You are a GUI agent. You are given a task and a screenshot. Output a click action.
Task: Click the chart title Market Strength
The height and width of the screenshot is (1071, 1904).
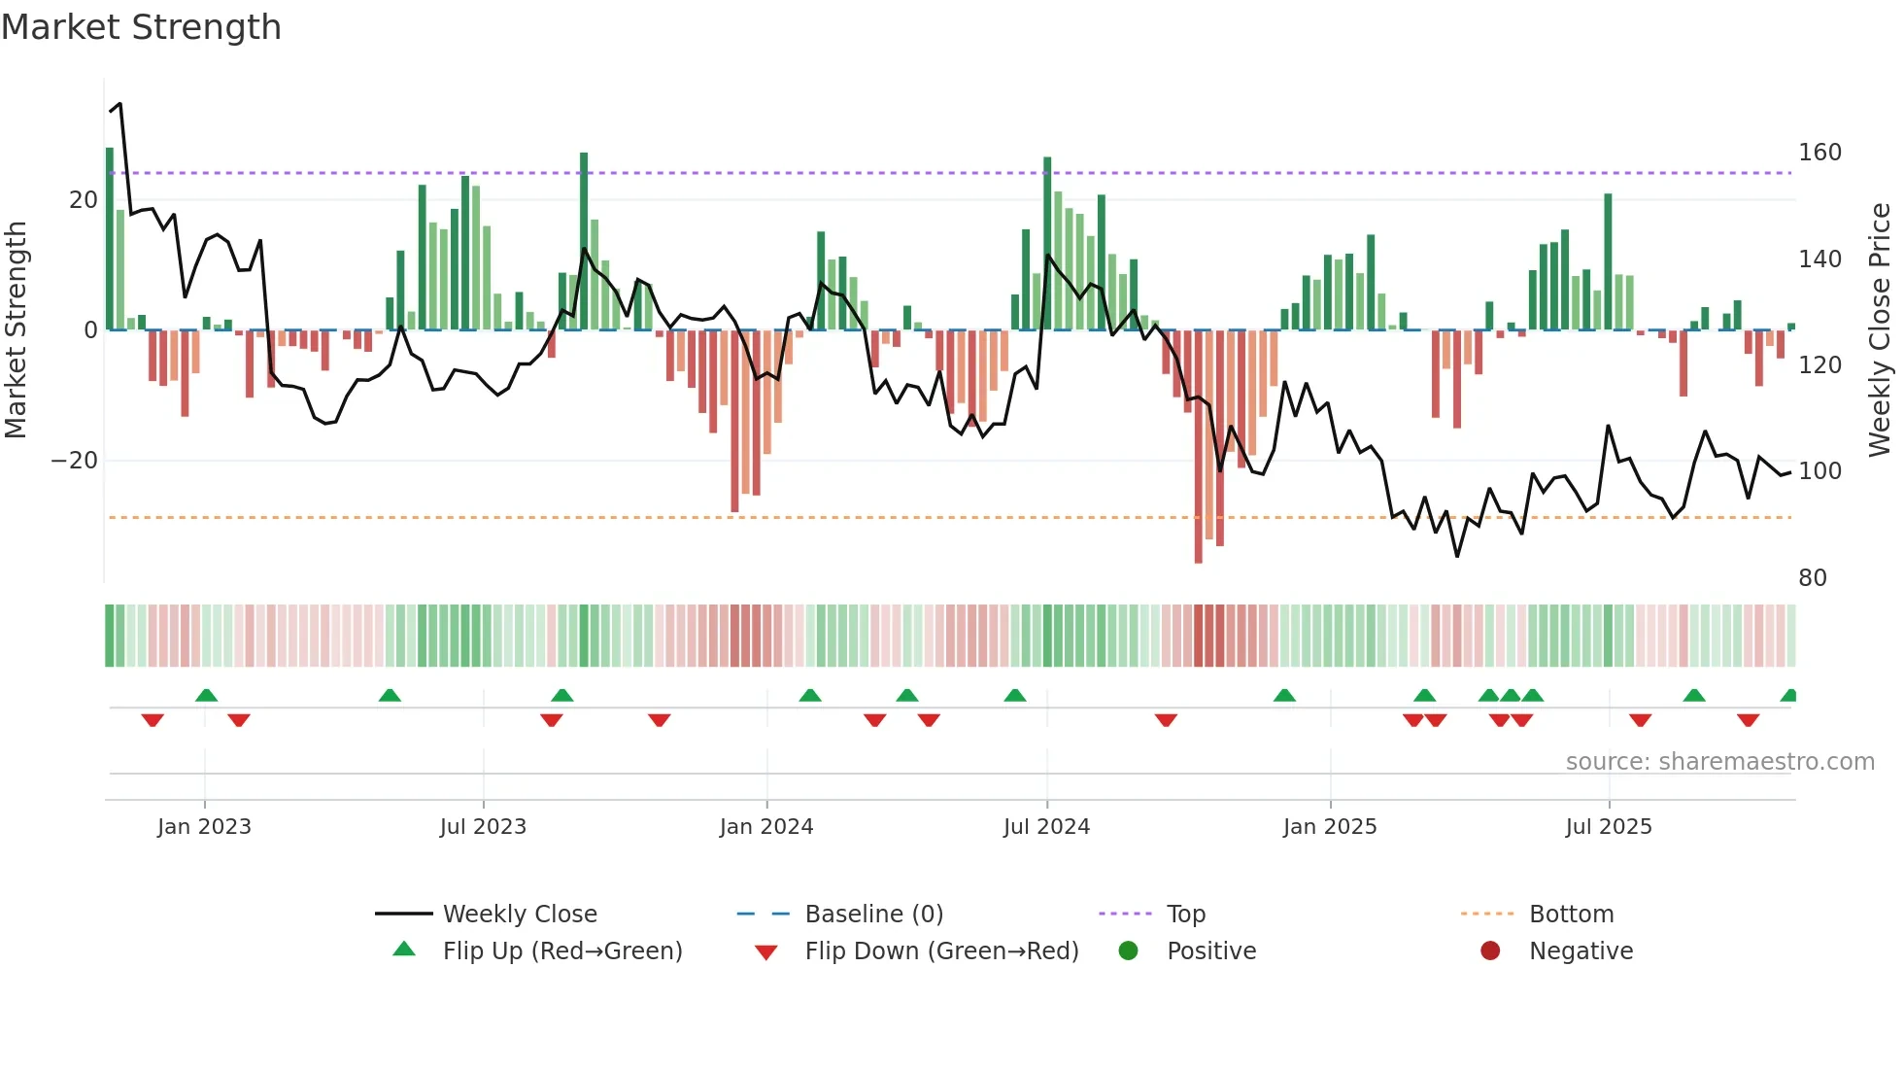[x=141, y=27]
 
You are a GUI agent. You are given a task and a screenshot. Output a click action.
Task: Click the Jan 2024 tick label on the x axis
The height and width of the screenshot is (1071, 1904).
[x=765, y=827]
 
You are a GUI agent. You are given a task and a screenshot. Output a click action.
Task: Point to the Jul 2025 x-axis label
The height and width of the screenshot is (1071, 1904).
[x=1608, y=827]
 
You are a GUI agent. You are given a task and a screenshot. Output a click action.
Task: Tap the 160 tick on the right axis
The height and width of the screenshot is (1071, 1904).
[x=1819, y=153]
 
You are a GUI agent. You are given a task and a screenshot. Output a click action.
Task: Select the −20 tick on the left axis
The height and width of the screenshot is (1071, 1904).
[x=75, y=461]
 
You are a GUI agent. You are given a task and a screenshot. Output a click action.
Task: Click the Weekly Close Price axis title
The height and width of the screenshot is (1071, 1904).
[x=1880, y=330]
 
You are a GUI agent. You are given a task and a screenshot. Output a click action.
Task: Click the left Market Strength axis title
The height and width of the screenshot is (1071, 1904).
[x=17, y=330]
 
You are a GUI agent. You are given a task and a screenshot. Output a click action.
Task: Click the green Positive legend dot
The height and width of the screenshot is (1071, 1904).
[x=1128, y=951]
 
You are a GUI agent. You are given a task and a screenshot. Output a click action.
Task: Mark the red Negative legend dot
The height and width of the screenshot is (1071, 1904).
[x=1489, y=951]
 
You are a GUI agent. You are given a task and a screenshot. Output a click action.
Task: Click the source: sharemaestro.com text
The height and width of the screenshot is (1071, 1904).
[x=1719, y=762]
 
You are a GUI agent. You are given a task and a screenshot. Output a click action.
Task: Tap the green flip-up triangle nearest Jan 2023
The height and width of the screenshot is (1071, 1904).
[x=206, y=695]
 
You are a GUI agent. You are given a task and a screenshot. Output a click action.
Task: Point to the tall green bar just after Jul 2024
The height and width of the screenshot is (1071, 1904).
[x=1047, y=243]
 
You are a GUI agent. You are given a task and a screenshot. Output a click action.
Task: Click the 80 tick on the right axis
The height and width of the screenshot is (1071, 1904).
[x=1812, y=578]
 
